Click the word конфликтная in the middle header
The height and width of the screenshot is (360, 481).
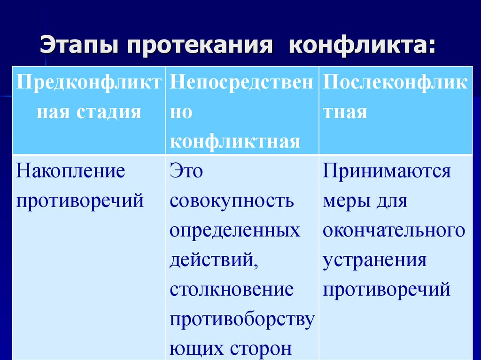coord(235,141)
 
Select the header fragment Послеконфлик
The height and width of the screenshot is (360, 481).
coord(395,83)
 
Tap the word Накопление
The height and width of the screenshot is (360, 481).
coord(71,171)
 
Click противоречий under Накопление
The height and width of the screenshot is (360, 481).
coord(80,201)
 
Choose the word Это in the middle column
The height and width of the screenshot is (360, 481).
coord(186,171)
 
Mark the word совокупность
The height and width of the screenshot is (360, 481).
coord(232,201)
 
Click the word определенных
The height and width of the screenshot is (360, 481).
coord(235,230)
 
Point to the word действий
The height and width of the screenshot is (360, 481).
coord(214,260)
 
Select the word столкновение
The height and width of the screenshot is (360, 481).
coord(232,290)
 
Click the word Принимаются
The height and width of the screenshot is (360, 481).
coord(387,171)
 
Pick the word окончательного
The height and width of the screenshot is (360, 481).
coord(394,230)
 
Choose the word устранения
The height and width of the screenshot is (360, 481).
coord(374,260)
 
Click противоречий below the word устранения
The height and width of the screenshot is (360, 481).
coord(387,290)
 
